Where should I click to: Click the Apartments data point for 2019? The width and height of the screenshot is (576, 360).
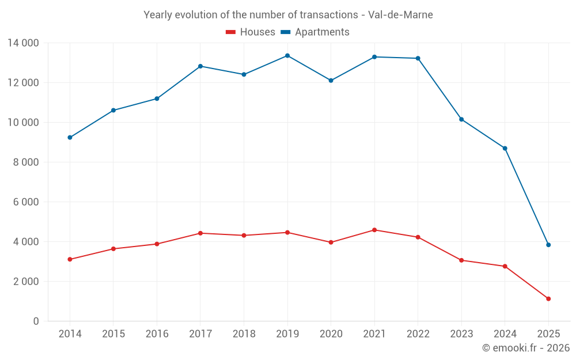tap(287, 56)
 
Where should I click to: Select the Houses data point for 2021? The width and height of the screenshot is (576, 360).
tap(374, 230)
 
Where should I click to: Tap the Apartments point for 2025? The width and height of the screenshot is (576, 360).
tap(548, 245)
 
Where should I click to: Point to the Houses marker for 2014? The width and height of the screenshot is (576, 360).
tap(70, 259)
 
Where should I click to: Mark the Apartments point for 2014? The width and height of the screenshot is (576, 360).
tap(70, 138)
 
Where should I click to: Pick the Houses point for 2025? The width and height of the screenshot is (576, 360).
tap(548, 299)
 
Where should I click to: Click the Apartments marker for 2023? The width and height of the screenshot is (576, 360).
tap(461, 119)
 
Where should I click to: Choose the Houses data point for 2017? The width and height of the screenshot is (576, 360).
tap(200, 233)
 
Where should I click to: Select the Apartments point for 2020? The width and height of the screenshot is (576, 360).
tap(331, 81)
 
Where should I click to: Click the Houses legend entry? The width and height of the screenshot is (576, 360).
tap(251, 32)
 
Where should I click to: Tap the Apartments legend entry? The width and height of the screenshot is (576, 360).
tap(315, 32)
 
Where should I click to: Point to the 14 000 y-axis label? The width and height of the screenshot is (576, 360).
tap(23, 43)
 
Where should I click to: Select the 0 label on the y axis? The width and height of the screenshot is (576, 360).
tap(36, 321)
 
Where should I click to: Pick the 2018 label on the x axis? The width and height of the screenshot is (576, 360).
tap(244, 334)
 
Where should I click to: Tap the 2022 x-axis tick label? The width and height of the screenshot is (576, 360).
tap(418, 334)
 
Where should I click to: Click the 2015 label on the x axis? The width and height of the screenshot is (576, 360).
tap(113, 334)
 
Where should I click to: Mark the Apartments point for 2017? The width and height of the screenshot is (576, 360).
tap(200, 66)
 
